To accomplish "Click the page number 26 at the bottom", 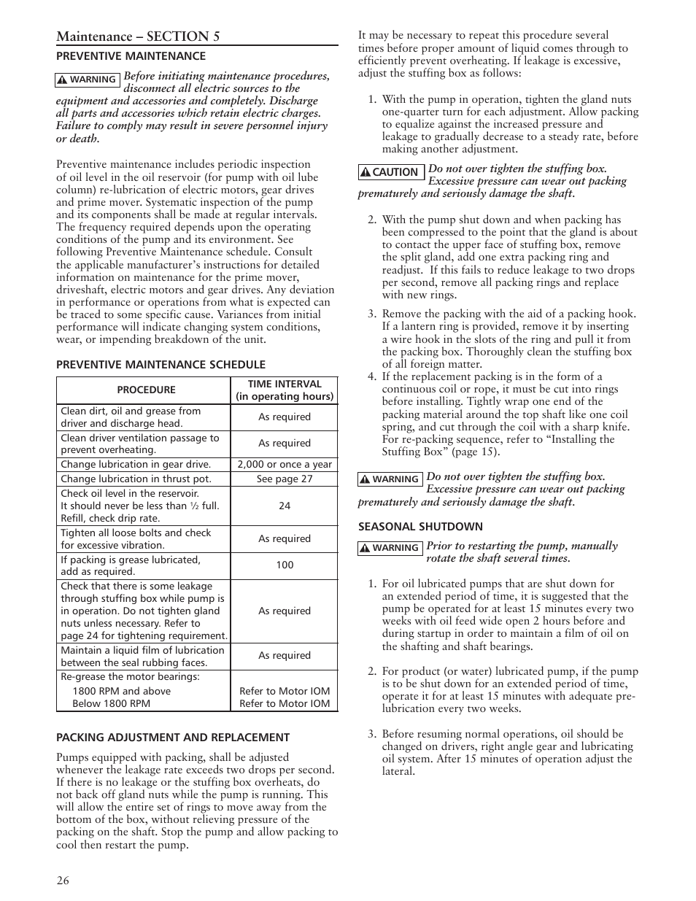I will tap(63, 880).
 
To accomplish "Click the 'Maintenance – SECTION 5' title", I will tap(138, 36).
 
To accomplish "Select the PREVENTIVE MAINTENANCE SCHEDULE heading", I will tap(161, 365).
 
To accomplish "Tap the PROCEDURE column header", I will tap(146, 390).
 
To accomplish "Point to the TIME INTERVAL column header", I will tap(284, 390).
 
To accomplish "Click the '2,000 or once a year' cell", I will tap(284, 465).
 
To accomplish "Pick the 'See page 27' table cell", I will tap(284, 479).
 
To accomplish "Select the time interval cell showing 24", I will tap(284, 506).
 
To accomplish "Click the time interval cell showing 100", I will tap(284, 565).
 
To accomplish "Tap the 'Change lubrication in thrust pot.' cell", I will tap(136, 479).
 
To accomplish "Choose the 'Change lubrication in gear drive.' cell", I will tap(136, 465).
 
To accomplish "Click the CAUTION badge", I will tap(390, 172).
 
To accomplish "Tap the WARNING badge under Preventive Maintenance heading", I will tap(88, 80).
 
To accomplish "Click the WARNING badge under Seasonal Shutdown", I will tap(390, 548).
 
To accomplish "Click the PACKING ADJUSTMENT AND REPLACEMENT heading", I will tap(173, 738).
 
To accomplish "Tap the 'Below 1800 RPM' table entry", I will tap(111, 704).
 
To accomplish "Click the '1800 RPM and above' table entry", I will tap(121, 691).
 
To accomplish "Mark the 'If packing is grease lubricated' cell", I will tap(131, 560).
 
